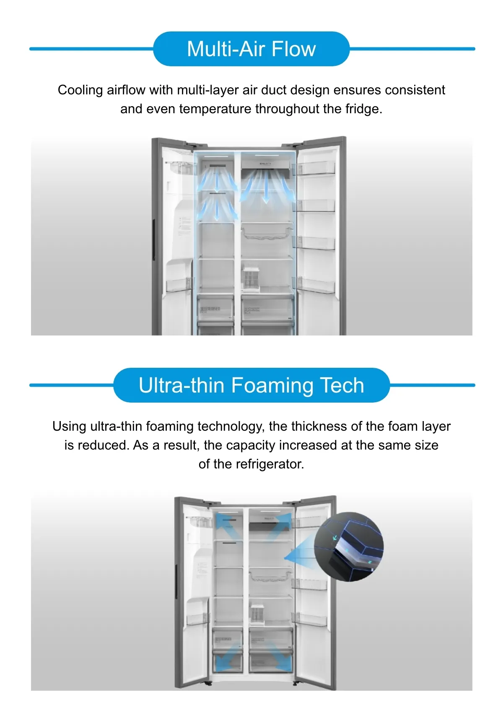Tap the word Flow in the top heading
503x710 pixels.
pyautogui.click(x=294, y=49)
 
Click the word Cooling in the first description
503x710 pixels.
pyautogui.click(x=80, y=90)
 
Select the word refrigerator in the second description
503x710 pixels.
pyautogui.click(x=270, y=464)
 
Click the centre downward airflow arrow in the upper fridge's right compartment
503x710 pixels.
pyautogui.click(x=266, y=187)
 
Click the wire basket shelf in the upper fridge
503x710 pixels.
pyautogui.click(x=267, y=233)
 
